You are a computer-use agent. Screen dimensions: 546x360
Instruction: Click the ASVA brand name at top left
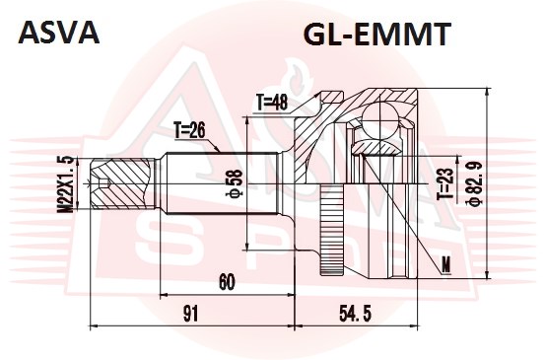click(59, 33)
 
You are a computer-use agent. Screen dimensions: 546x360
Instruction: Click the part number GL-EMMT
click(377, 34)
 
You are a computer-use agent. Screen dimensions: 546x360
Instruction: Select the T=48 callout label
click(272, 103)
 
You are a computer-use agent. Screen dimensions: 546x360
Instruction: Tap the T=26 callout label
click(190, 131)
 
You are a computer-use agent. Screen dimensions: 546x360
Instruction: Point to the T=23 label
click(445, 183)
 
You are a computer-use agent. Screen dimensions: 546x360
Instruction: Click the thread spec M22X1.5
click(65, 183)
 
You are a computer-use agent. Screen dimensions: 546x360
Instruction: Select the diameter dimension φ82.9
click(476, 183)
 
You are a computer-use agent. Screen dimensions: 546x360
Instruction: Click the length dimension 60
click(227, 282)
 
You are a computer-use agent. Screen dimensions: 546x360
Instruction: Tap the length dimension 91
click(190, 314)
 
